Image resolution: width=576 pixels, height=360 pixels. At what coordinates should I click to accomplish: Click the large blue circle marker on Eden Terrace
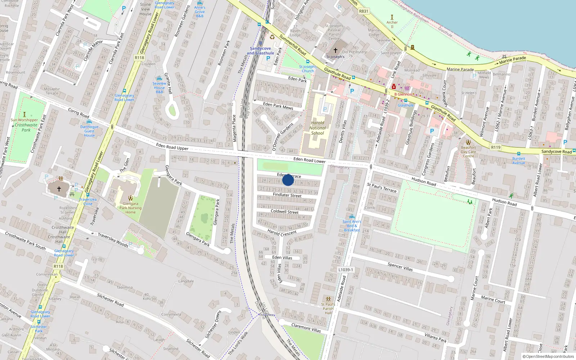coord(288,180)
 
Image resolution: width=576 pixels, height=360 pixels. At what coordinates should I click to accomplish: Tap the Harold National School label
coord(317,128)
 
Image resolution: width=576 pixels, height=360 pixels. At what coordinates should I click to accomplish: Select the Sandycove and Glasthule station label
coord(260,51)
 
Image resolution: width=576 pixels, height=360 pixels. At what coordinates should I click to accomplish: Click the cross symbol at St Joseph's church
coord(336,51)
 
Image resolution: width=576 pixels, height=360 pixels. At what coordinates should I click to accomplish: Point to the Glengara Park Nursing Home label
coord(130,208)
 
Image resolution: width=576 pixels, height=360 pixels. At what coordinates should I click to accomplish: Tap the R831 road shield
coord(364,11)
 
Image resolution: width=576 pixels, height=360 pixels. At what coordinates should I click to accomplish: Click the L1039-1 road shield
coord(346,270)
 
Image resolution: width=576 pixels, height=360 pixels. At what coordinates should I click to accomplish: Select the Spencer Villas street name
coord(400,267)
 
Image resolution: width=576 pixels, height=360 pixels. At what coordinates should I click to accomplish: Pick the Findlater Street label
coord(287,195)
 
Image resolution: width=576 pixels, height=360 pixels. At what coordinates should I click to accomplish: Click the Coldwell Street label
coord(284,212)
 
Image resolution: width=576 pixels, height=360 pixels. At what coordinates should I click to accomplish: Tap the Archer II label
coord(392,24)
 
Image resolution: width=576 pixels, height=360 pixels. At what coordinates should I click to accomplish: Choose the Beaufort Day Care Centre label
coord(468,152)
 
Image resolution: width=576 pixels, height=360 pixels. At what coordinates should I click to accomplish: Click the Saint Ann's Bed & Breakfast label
coord(352,226)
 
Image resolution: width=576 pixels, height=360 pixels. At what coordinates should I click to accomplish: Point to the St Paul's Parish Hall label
coord(328,309)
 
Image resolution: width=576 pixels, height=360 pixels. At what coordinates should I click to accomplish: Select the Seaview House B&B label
coord(159,87)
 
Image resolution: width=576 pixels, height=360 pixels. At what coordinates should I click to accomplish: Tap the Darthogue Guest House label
coord(89,131)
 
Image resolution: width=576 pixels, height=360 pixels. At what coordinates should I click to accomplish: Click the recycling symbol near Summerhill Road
coord(272,37)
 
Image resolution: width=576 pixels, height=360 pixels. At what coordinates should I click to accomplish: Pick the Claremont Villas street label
coord(306,328)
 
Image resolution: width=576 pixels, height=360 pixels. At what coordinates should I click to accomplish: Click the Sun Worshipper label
coord(24,120)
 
